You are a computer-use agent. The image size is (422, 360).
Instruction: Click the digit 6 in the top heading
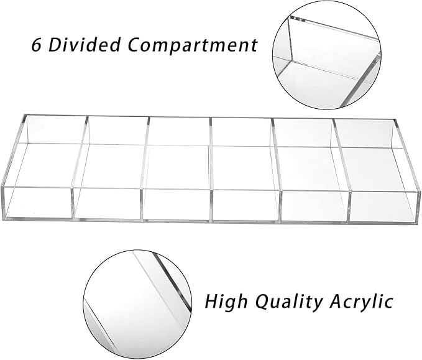[36, 44]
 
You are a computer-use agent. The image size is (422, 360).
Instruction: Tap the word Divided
[84, 44]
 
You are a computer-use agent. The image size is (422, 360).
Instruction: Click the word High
[226, 302]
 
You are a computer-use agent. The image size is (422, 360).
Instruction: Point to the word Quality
[288, 302]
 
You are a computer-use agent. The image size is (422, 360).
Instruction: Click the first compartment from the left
[44, 167]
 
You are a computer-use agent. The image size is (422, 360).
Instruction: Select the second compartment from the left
[111, 167]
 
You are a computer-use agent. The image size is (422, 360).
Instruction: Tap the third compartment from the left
[178, 168]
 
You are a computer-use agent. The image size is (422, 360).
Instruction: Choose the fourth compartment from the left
[244, 169]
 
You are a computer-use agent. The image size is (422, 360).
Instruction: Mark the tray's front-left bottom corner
[2, 218]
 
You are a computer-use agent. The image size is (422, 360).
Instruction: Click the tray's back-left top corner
[24, 115]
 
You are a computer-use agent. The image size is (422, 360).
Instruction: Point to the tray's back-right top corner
[396, 120]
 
